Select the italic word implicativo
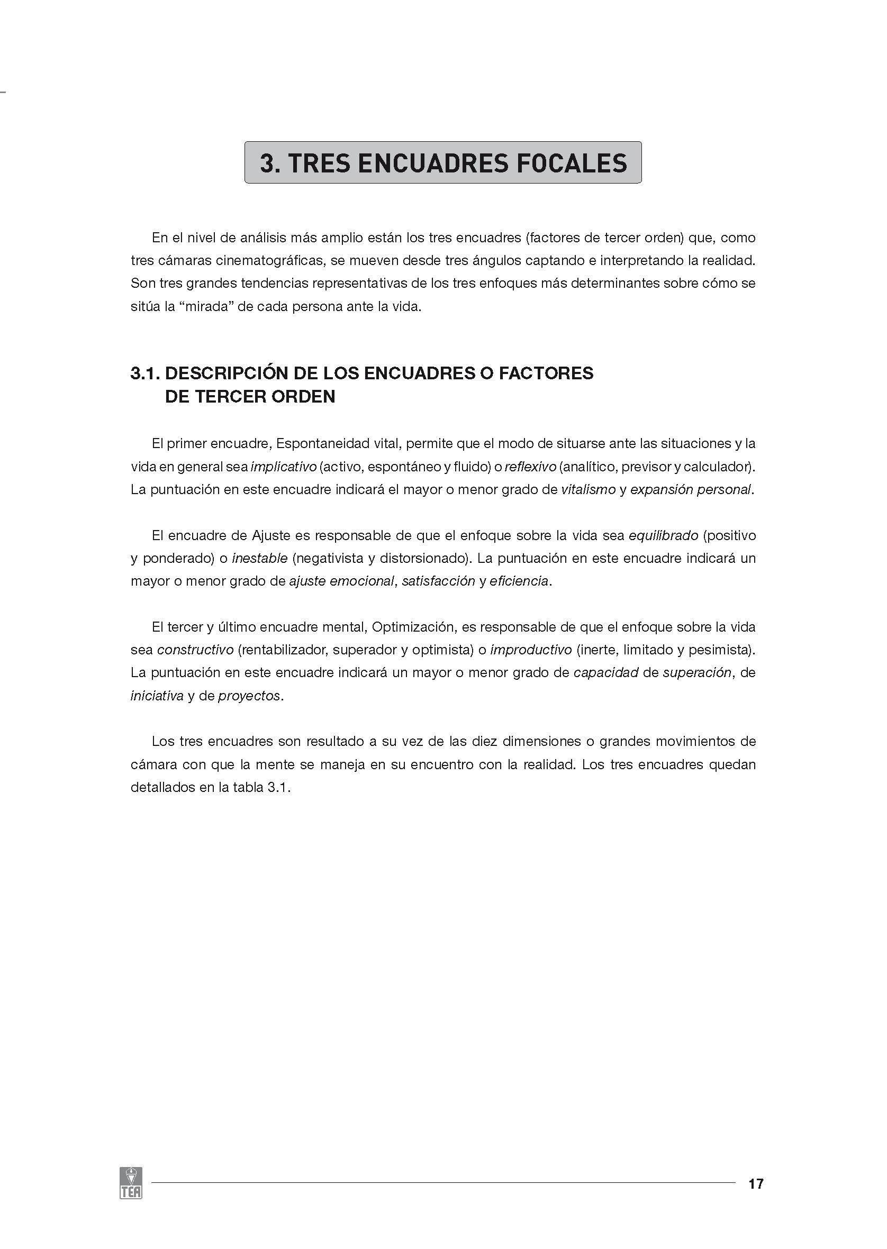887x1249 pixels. [284, 467]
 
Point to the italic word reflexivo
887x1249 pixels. [530, 467]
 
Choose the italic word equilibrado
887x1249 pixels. [664, 535]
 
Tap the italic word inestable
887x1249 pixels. [260, 559]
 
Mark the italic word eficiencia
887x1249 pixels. [519, 581]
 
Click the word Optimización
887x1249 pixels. [413, 627]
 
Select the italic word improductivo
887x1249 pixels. [531, 650]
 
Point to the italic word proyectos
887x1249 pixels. [249, 696]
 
